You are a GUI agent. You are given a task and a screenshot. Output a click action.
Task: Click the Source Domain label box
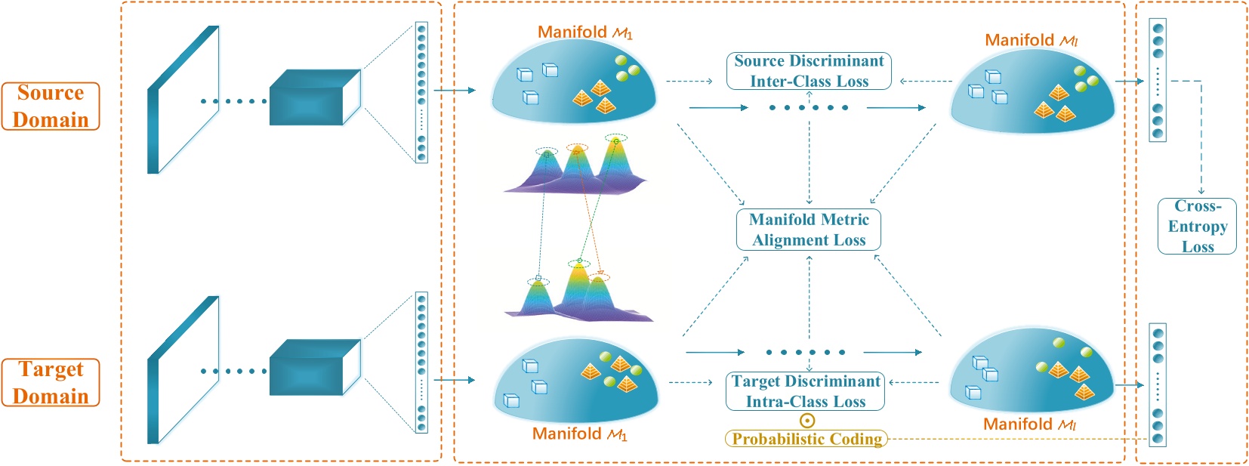[51, 106]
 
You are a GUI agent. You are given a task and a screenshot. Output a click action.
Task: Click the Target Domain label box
[51, 382]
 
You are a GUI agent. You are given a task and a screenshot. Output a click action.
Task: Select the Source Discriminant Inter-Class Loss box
[809, 71]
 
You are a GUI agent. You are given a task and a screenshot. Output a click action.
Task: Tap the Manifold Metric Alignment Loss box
[809, 230]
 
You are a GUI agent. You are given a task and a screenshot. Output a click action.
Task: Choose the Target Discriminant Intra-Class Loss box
[806, 391]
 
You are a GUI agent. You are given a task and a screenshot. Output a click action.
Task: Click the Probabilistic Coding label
[806, 439]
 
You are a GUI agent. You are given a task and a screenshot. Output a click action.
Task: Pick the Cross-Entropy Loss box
[1197, 226]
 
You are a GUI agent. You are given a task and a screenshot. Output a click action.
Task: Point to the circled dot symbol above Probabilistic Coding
[807, 421]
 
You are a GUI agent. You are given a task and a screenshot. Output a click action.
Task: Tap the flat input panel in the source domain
[183, 100]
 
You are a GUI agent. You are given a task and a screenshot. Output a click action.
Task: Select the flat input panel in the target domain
[183, 370]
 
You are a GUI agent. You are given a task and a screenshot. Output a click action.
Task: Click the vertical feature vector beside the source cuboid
[421, 92]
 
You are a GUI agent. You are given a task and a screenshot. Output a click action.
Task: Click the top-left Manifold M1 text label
[584, 32]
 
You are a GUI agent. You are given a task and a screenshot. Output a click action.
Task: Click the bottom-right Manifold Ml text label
[1029, 424]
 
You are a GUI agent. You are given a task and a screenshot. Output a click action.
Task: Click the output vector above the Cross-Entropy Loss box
[1157, 80]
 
